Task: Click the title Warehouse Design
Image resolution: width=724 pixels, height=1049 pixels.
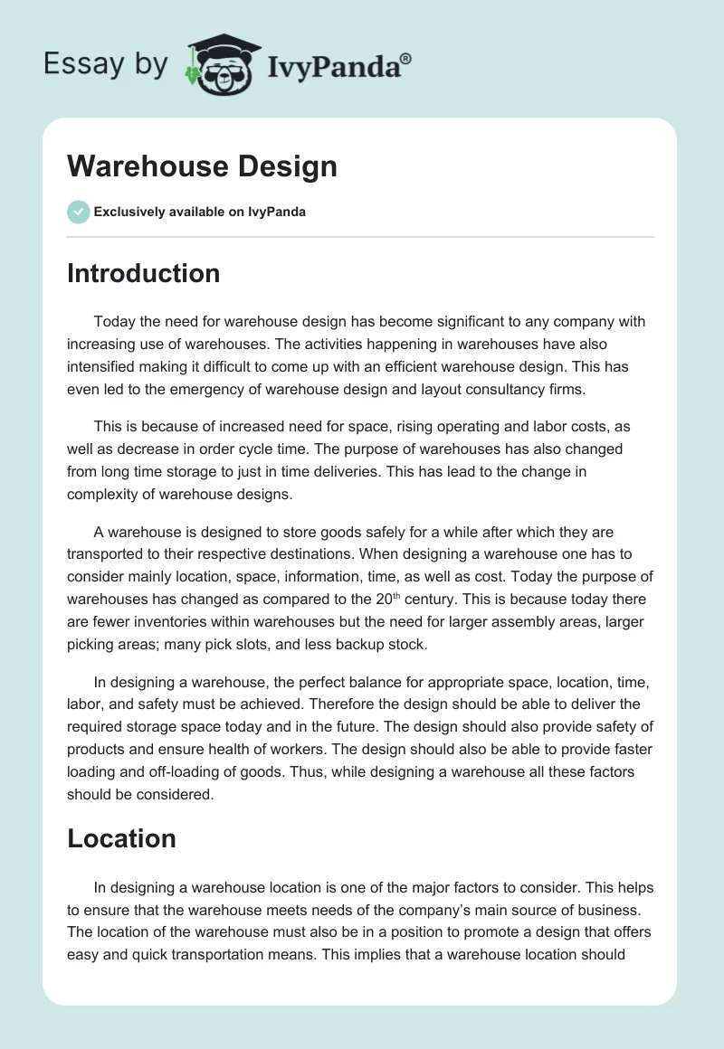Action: coord(202,166)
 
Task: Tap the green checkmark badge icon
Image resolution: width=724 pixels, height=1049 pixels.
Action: coord(78,212)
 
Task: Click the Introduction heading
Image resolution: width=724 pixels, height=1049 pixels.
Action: coord(143,273)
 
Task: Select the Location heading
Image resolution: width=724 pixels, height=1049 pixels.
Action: coord(121,838)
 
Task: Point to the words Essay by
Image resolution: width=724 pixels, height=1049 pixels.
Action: coord(105,64)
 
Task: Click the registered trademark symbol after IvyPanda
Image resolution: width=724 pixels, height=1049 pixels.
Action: coord(405,59)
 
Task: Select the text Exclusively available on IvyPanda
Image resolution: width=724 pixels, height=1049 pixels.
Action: coord(200,213)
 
